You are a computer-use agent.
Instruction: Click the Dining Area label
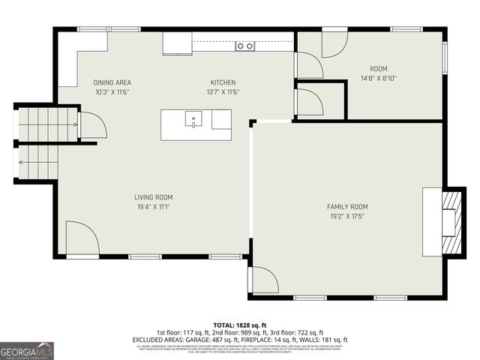pyautogui.click(x=112, y=82)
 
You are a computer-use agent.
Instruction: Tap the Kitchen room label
pyautogui.click(x=223, y=82)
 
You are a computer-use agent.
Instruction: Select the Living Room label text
pyautogui.click(x=154, y=197)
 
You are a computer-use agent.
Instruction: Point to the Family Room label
pyautogui.click(x=347, y=206)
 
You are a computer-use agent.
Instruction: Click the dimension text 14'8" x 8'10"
pyautogui.click(x=379, y=77)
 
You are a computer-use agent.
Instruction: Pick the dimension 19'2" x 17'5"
pyautogui.click(x=347, y=216)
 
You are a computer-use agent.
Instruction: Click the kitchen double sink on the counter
pyautogui.click(x=245, y=46)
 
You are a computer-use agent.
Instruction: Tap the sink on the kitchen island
pyautogui.click(x=193, y=118)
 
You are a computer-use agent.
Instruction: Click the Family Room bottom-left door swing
pyautogui.click(x=264, y=280)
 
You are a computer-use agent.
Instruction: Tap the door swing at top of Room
pyautogui.click(x=334, y=44)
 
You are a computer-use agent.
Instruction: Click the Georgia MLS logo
pyautogui.click(x=27, y=350)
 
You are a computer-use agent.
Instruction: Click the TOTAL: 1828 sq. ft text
pyautogui.click(x=240, y=324)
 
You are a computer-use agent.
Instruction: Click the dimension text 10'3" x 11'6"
pyautogui.click(x=112, y=92)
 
